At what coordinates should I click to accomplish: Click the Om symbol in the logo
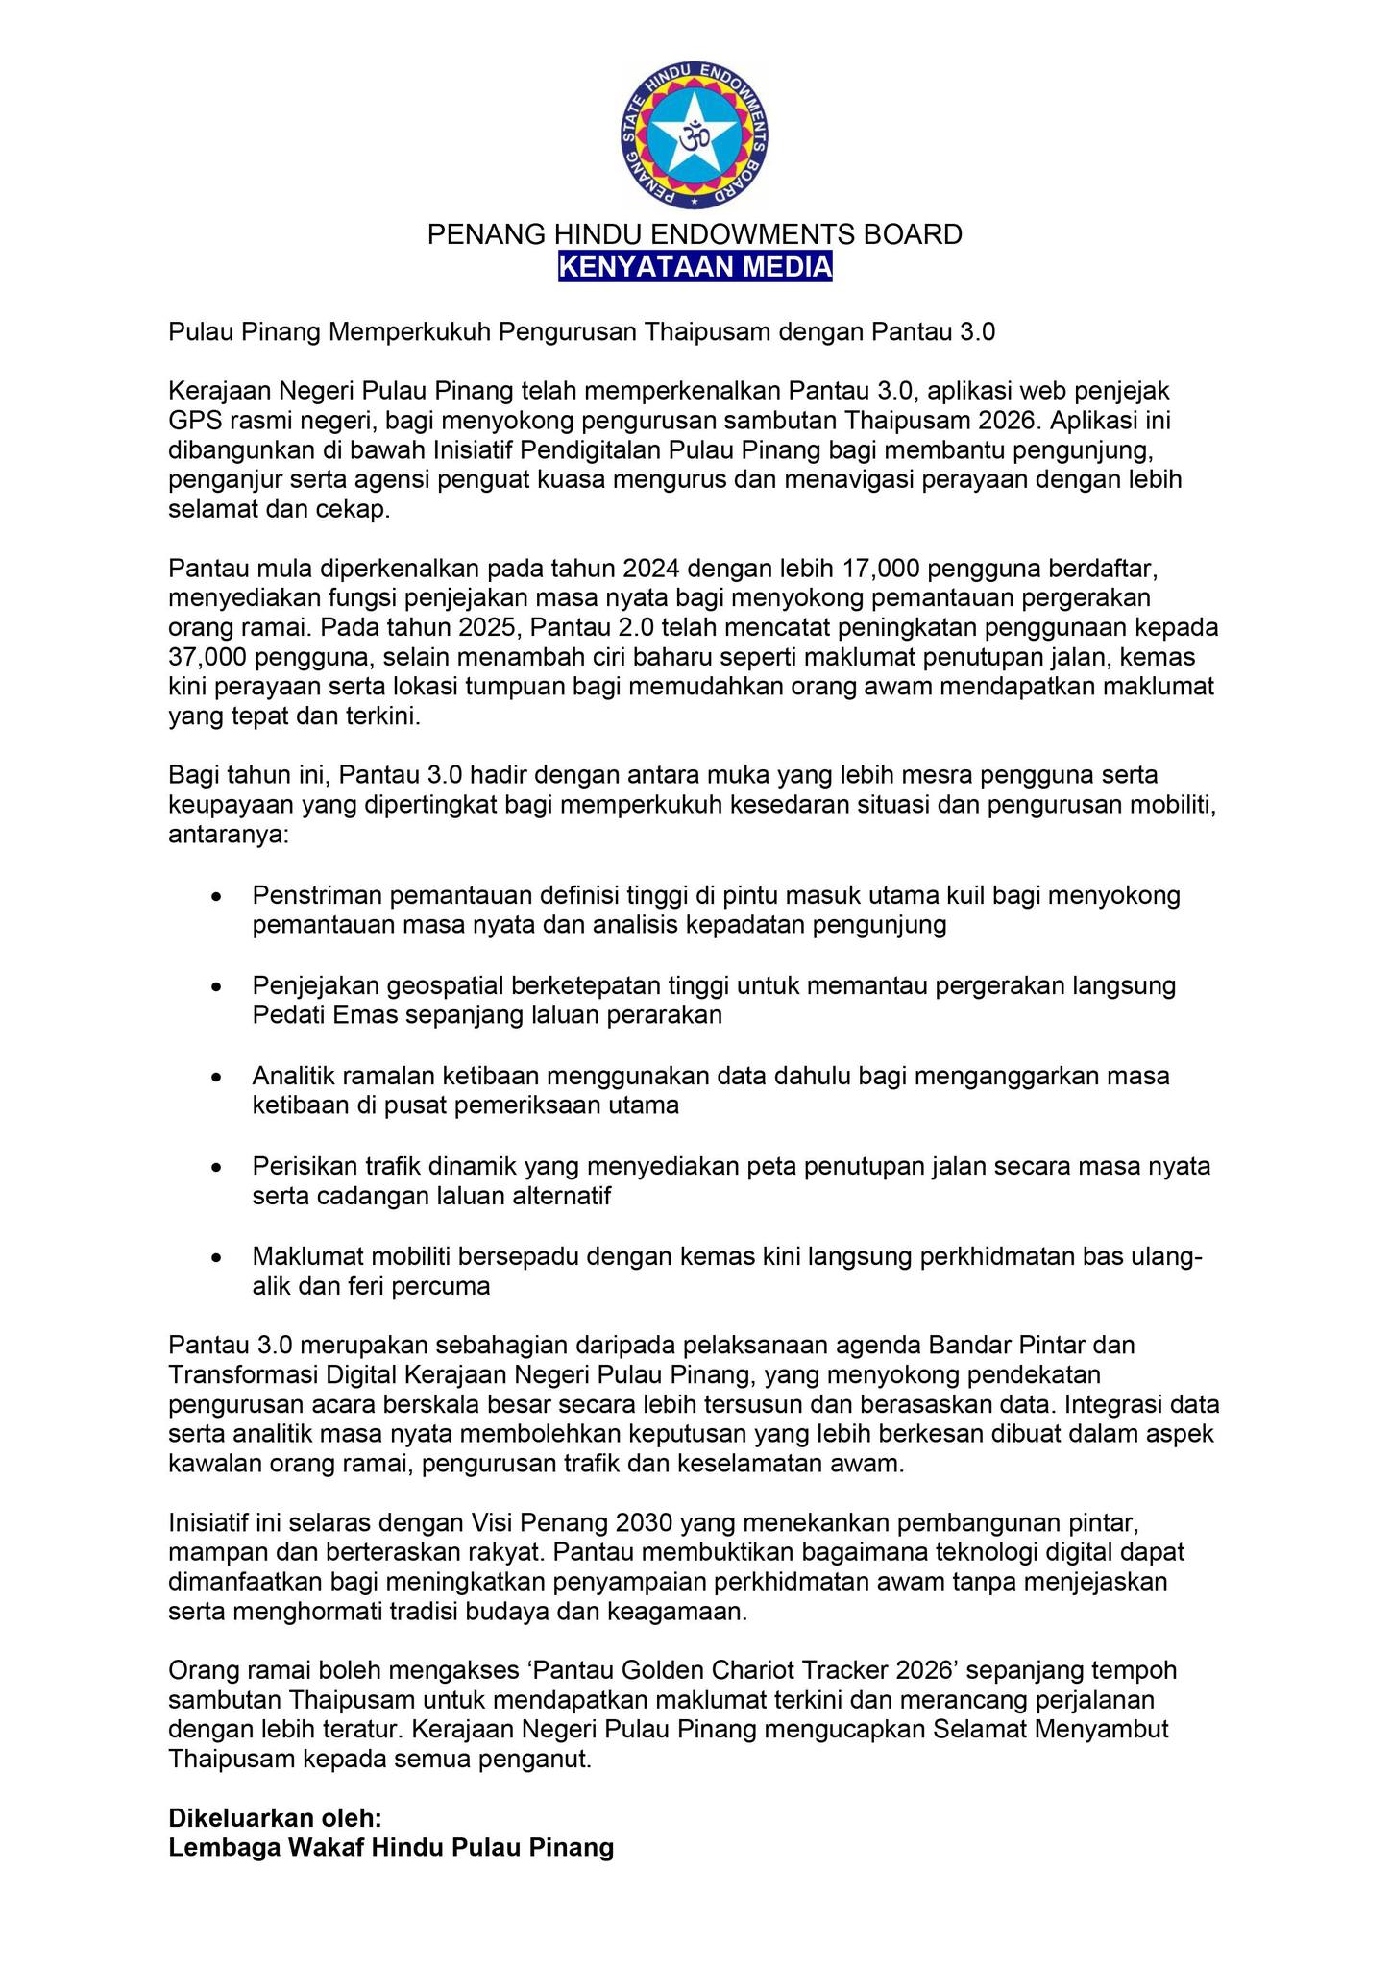[x=695, y=136]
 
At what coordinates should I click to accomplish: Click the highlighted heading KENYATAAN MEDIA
[x=695, y=266]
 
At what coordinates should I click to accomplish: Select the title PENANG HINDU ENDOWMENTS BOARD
[x=695, y=234]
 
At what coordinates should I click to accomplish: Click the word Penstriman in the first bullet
[x=316, y=895]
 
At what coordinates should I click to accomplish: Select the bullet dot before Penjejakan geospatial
[x=219, y=986]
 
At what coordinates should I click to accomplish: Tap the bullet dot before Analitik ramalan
[x=219, y=1077]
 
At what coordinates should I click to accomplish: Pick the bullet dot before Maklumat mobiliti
[x=219, y=1257]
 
